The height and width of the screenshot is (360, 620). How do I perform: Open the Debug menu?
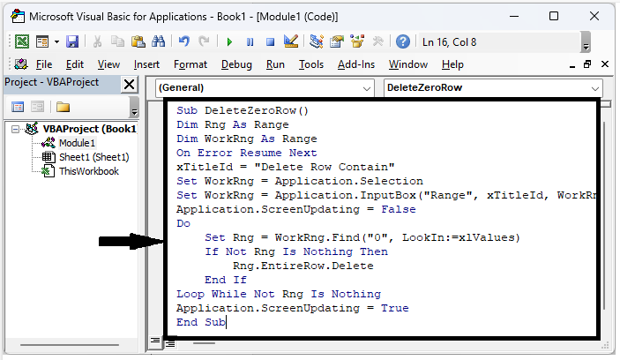point(236,64)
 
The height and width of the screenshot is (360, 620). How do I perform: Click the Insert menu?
point(146,64)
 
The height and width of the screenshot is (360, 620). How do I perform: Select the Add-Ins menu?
point(356,64)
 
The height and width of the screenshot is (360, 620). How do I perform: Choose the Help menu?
point(452,64)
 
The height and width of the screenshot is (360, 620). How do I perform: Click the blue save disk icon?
point(72,41)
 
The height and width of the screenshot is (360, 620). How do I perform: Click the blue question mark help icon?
point(403,41)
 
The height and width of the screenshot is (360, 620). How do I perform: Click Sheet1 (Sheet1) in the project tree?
point(86,157)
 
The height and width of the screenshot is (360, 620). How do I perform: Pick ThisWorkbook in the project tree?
point(87,171)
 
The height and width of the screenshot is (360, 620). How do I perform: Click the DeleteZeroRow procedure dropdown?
point(492,88)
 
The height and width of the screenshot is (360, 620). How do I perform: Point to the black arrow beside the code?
point(131,240)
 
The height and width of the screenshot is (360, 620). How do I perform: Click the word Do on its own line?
point(183,224)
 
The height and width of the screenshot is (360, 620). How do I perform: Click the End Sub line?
point(201,322)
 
